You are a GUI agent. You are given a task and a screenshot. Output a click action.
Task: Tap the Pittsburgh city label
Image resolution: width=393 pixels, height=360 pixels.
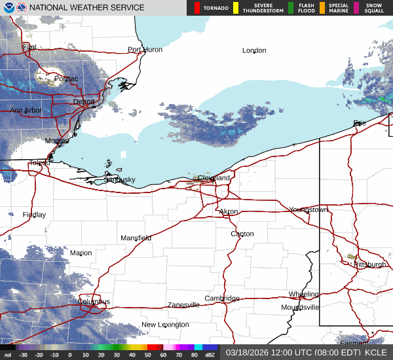pos(370,264)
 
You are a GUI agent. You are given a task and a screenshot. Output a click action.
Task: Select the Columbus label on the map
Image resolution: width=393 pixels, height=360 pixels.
pos(95,302)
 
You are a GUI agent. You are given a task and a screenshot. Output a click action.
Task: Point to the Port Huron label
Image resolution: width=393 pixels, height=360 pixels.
pos(144,50)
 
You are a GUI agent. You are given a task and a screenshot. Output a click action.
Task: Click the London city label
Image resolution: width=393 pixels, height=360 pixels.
pos(254,50)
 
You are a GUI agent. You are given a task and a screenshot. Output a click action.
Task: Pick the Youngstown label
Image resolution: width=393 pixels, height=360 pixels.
pos(308,209)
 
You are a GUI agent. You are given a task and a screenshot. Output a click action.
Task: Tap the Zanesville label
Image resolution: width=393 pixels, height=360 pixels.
pos(183,305)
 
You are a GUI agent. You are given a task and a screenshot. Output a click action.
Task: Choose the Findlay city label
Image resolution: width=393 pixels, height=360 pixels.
pos(34,215)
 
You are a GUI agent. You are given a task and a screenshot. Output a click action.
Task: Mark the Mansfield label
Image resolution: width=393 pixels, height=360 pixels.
pos(136,238)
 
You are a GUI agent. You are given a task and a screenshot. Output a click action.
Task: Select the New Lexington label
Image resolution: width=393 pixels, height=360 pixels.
pos(165,325)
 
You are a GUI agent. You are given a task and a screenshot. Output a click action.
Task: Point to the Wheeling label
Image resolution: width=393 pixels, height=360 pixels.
pos(304,295)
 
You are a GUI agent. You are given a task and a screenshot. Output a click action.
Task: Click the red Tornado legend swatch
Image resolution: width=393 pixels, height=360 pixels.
pos(197,8)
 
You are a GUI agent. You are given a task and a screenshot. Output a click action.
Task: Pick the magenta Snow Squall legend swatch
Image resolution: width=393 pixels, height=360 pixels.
pos(356,8)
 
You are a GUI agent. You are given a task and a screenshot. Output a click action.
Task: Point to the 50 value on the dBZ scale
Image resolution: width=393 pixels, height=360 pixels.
pos(149,355)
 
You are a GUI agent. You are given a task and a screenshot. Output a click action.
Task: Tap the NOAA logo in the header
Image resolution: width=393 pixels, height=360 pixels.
pos(8,8)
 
